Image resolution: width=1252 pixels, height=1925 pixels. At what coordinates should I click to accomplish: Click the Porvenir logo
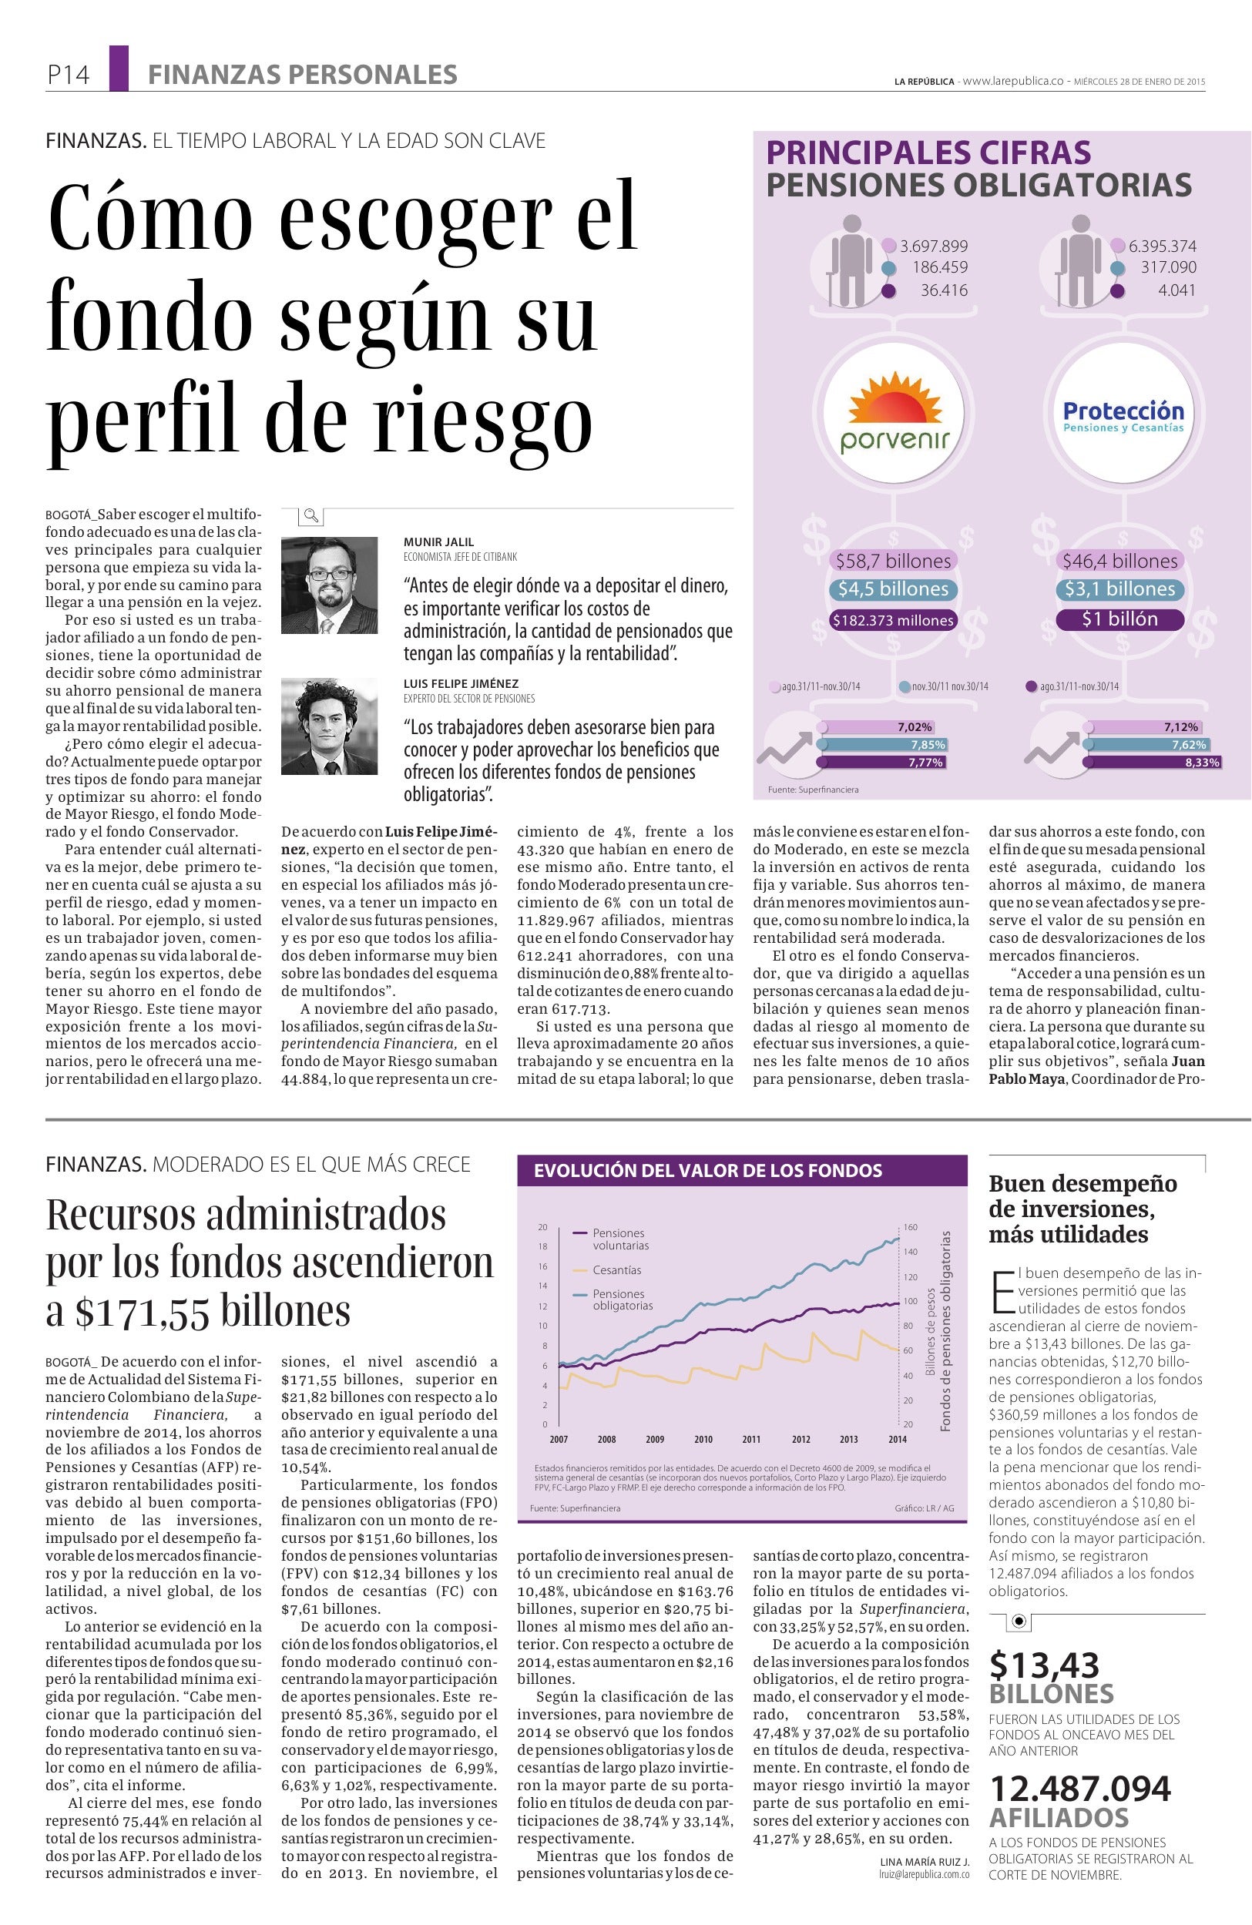point(893,414)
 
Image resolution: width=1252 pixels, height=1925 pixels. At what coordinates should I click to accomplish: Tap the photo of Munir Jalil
point(329,585)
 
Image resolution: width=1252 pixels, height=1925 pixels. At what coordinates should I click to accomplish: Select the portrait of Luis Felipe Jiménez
point(329,726)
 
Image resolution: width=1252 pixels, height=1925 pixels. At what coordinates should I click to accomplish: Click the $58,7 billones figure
point(894,561)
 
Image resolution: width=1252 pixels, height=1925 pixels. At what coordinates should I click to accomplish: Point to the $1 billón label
point(1120,619)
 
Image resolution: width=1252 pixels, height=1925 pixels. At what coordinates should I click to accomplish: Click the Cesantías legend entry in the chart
point(616,1269)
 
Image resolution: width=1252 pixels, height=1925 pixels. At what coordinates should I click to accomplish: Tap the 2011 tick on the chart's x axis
point(751,1439)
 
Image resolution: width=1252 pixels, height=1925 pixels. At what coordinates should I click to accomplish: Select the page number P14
point(68,75)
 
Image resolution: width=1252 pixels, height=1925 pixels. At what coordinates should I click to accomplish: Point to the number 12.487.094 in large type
point(1079,1789)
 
